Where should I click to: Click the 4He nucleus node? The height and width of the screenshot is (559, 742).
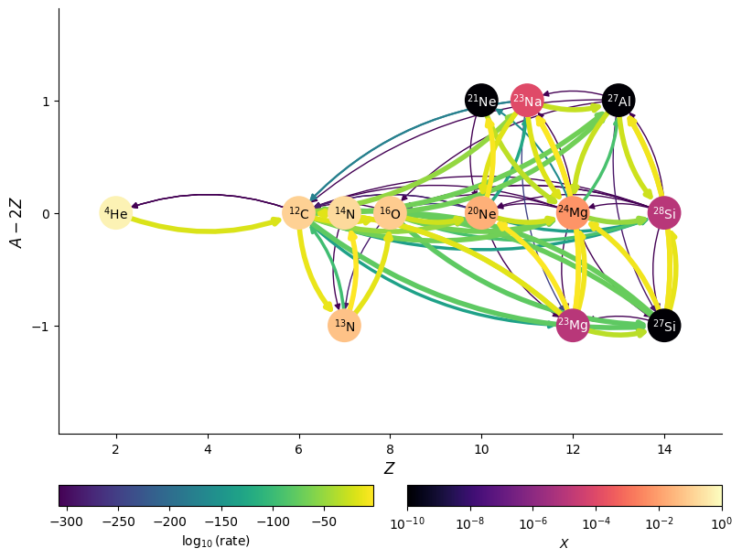[x=115, y=213]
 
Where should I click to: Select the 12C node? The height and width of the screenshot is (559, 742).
[x=298, y=213]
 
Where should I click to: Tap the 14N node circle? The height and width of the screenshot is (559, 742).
[x=344, y=213]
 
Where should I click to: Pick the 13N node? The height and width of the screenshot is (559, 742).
[x=344, y=326]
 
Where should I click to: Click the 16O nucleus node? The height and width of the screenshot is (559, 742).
[x=390, y=213]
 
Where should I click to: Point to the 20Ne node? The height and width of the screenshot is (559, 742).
[x=481, y=213]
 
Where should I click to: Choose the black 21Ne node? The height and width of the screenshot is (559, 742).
[x=481, y=101]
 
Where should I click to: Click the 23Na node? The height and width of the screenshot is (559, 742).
[x=527, y=101]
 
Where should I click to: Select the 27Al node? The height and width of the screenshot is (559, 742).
[x=618, y=101]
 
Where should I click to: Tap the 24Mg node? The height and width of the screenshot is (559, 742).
[x=573, y=213]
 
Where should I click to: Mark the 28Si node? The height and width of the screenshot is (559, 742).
[x=664, y=213]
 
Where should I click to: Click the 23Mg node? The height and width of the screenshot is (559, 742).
[x=573, y=326]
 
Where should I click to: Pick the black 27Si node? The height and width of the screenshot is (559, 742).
[x=664, y=326]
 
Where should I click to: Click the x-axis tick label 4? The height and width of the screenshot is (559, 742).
[x=207, y=449]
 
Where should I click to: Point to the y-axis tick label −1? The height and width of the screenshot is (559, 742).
[x=41, y=327]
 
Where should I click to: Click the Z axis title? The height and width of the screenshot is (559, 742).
[x=390, y=468]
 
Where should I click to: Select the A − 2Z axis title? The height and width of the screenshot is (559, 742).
[x=16, y=220]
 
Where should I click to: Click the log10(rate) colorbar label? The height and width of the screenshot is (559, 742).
[x=216, y=541]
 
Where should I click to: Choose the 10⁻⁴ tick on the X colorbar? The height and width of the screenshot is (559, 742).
[x=597, y=522]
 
